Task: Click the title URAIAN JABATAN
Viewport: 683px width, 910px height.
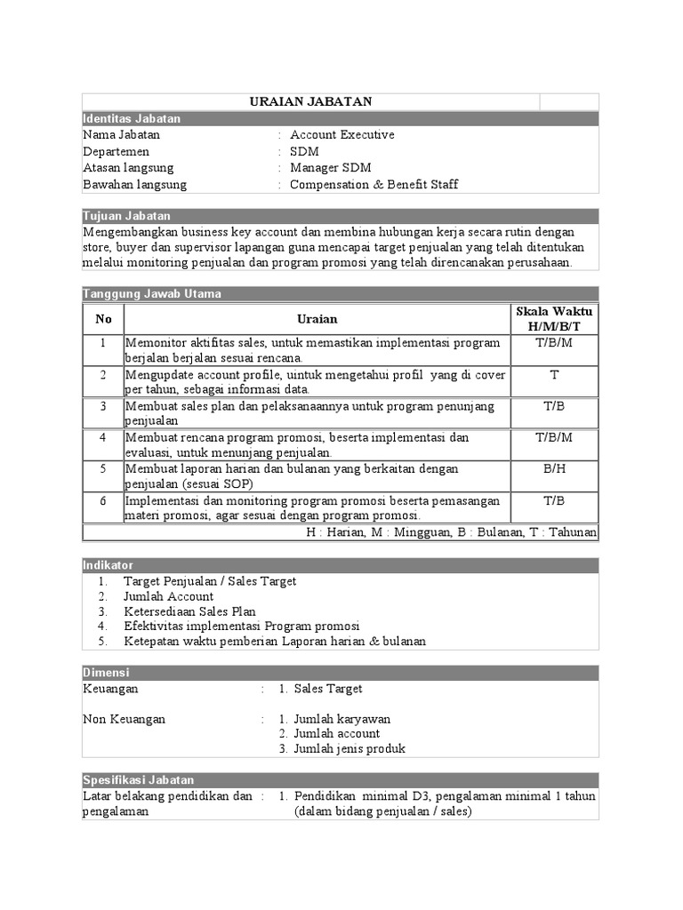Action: (310, 102)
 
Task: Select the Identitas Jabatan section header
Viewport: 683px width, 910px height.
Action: (132, 118)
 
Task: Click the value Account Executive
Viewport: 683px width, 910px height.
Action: (341, 135)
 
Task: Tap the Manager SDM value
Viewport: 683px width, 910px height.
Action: (330, 168)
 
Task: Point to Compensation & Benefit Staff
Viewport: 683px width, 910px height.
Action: (374, 185)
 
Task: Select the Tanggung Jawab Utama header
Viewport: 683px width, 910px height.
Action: (152, 293)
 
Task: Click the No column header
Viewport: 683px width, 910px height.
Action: (103, 318)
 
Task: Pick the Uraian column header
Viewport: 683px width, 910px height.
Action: (317, 318)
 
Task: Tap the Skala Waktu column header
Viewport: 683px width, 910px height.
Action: (554, 318)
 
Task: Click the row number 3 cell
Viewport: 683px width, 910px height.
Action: (103, 406)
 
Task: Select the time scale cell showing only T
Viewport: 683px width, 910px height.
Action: (554, 375)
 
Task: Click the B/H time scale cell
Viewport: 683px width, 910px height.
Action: (554, 468)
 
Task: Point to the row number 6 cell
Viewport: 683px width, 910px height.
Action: (103, 500)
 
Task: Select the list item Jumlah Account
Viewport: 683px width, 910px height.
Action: (168, 596)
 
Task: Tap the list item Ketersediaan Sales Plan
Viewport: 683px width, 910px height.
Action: (189, 611)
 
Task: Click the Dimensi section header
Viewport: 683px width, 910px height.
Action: (106, 673)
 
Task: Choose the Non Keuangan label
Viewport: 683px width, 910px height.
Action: (124, 718)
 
